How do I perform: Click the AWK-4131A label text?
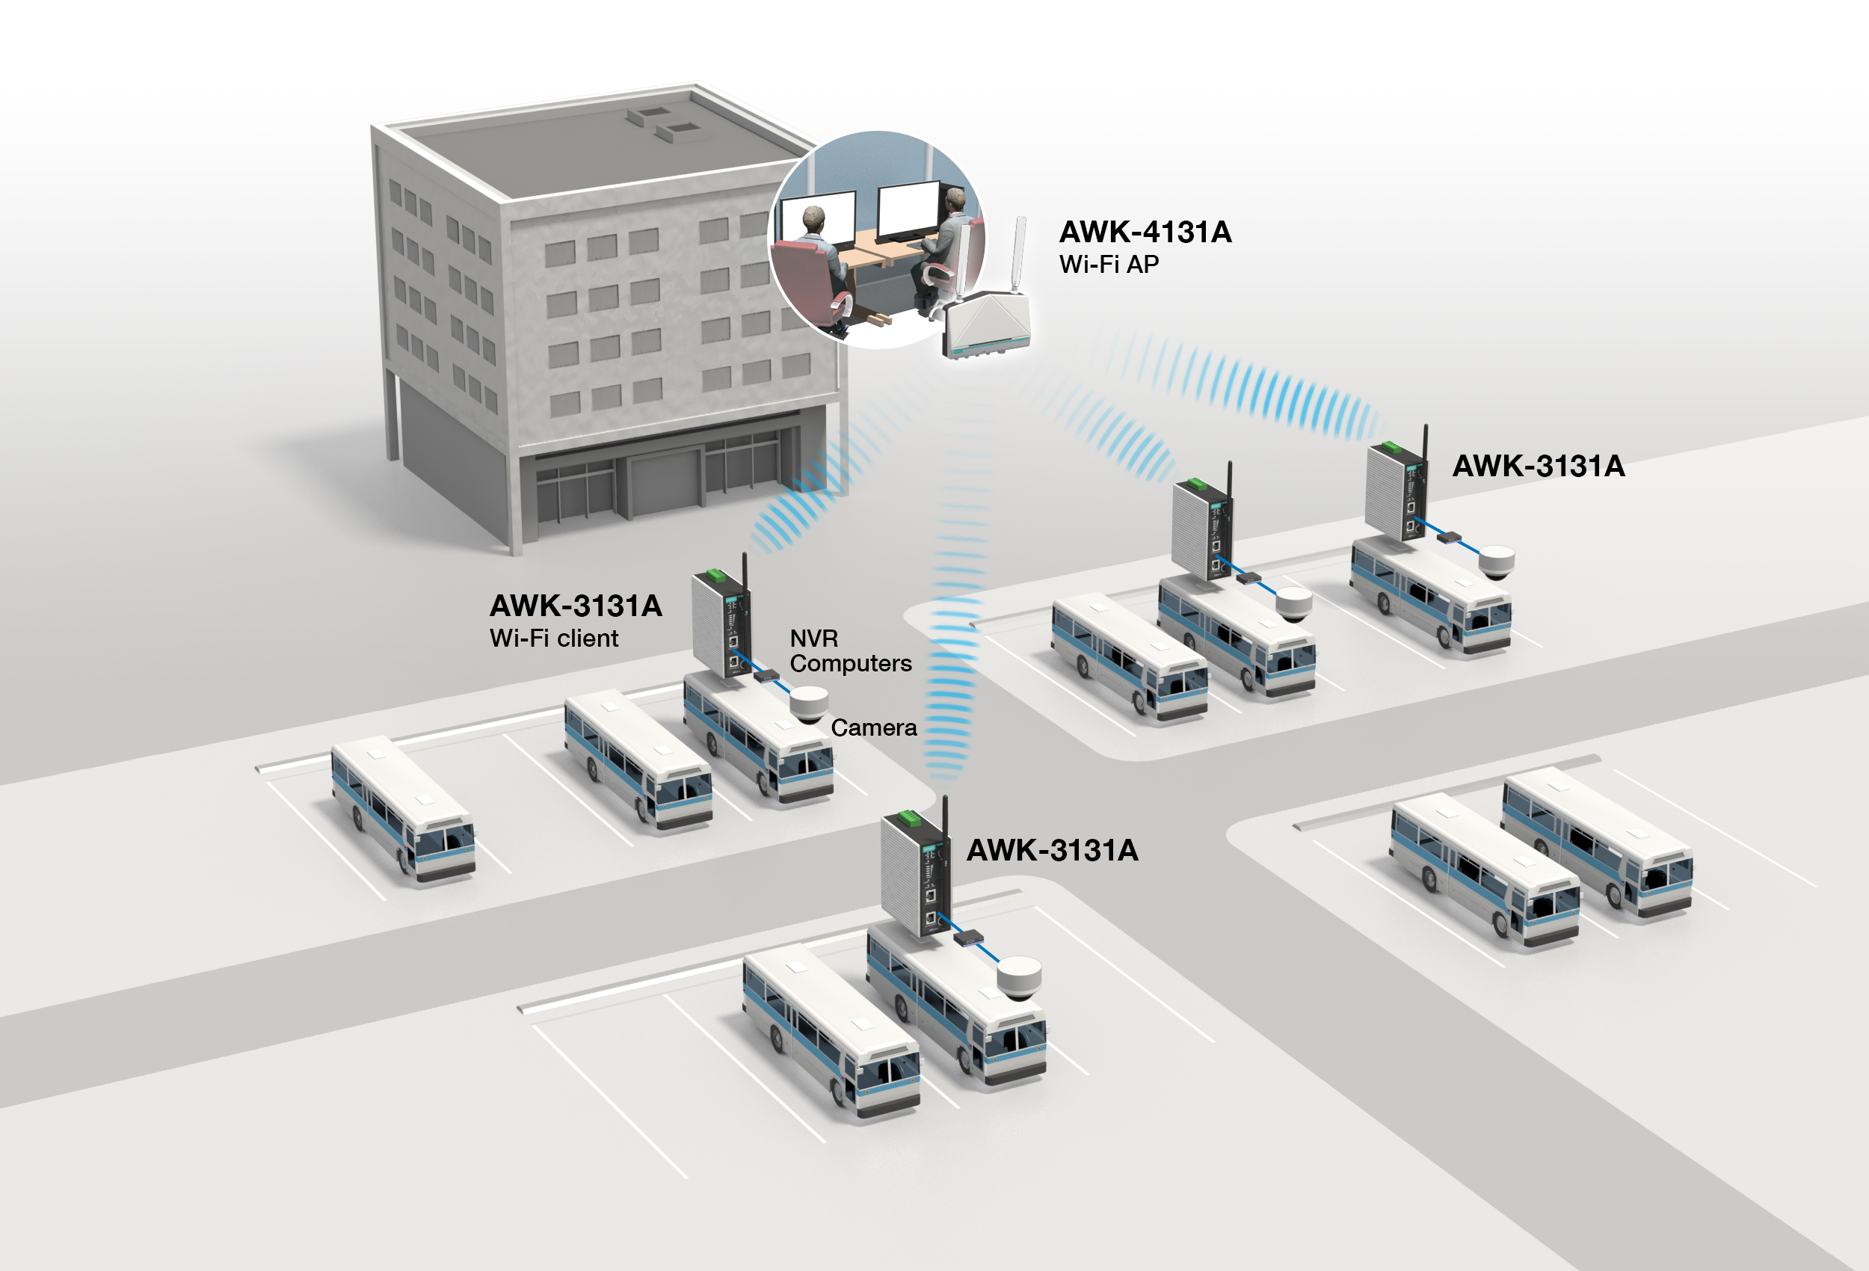[x=1145, y=233]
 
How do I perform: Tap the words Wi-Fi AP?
[x=1108, y=265]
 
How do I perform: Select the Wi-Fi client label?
[x=553, y=638]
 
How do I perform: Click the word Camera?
[x=873, y=728]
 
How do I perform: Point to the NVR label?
[x=813, y=638]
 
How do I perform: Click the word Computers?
[x=850, y=664]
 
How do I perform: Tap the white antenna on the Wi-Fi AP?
[x=1018, y=253]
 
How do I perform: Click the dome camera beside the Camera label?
[x=808, y=703]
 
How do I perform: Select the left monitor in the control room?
[x=819, y=219]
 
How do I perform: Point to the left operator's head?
[x=813, y=218]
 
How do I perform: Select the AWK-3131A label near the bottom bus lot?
[x=1052, y=850]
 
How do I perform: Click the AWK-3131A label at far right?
[x=1538, y=466]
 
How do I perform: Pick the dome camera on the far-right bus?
[x=1496, y=561]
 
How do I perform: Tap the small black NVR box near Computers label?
[x=766, y=676]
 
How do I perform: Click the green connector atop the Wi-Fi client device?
[x=712, y=576]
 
